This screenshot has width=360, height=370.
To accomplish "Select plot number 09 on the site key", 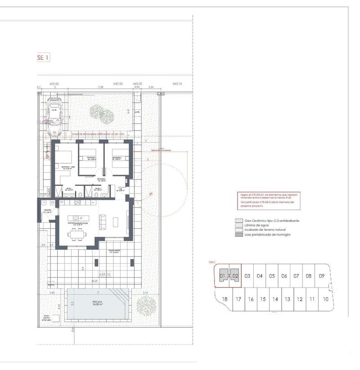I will (321, 276).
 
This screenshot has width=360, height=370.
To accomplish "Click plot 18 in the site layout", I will (225, 299).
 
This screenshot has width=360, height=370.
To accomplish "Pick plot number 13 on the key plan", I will (288, 299).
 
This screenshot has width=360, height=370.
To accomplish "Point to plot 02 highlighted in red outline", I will (235, 276).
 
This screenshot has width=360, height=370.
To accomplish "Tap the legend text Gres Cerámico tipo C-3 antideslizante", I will (272, 221).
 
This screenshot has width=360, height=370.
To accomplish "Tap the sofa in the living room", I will (102, 221).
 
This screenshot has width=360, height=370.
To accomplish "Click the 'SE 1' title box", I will (43, 57).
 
